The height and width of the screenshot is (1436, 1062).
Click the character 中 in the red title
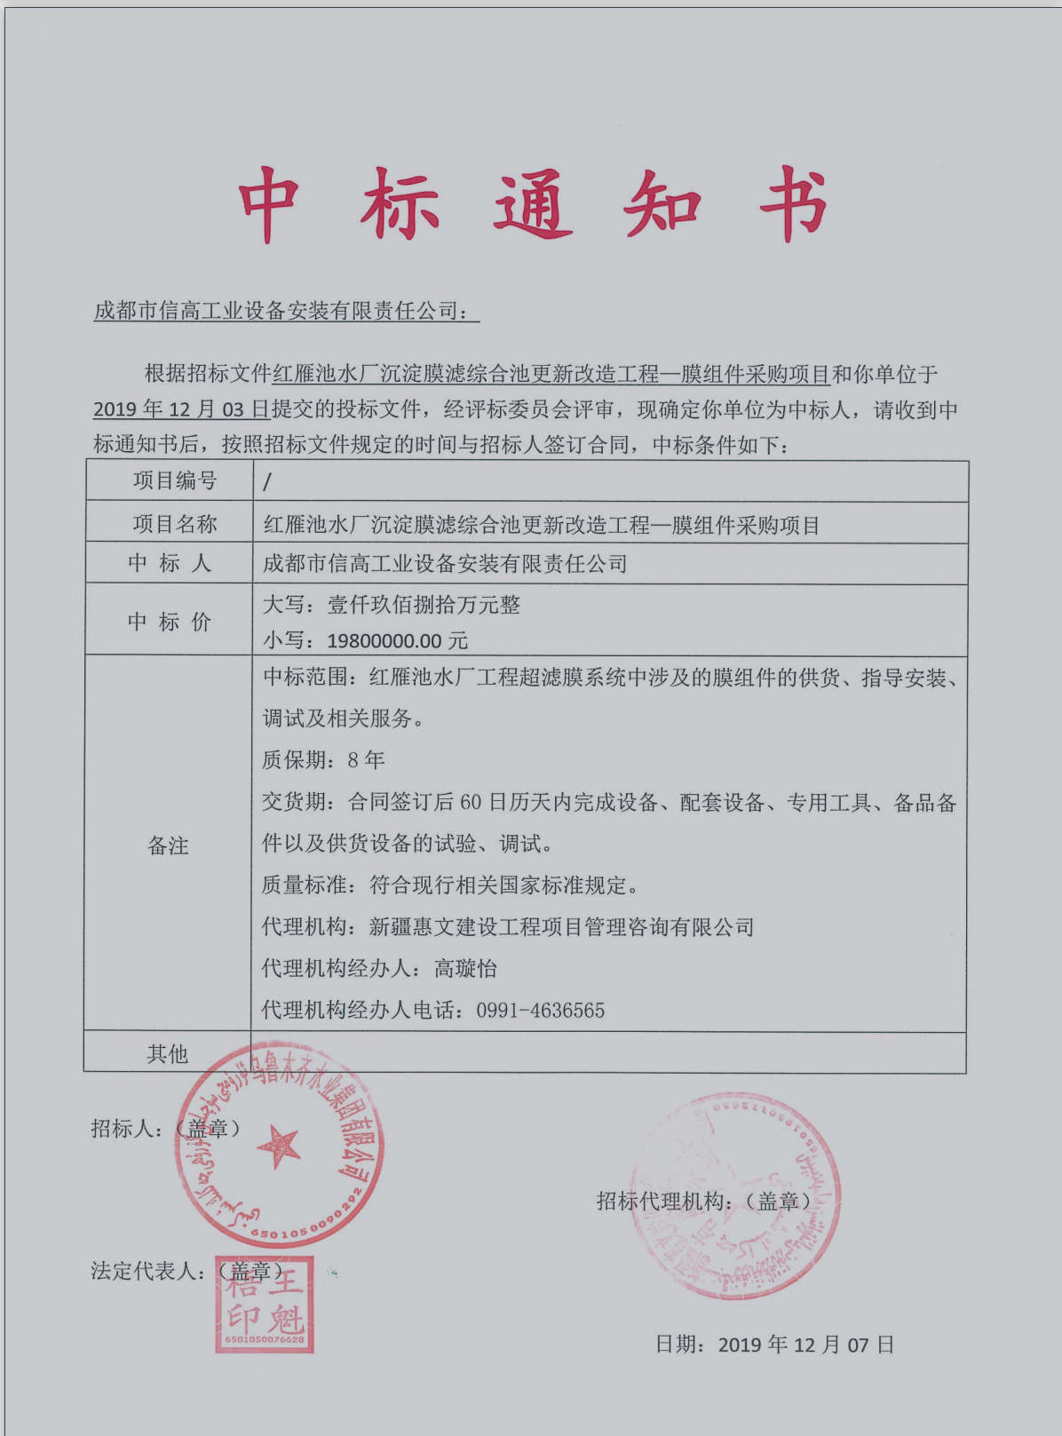269,205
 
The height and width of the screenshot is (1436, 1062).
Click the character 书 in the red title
793,205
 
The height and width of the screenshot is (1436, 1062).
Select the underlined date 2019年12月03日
181,409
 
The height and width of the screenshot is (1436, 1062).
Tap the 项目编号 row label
175,480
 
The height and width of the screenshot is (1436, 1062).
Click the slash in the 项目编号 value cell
267,482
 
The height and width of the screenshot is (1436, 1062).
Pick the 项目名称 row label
175,524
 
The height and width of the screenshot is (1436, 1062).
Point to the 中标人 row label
170,563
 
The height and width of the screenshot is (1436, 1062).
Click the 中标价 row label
170,621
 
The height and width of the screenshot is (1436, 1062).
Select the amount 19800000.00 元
397,640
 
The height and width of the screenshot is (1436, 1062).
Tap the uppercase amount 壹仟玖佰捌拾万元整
424,605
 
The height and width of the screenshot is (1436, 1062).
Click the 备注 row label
168,845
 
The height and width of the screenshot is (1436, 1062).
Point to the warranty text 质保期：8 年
323,759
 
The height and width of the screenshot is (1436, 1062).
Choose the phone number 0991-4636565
540,1010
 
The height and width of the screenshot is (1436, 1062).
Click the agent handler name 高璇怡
465,968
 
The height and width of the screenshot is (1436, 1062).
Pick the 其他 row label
168,1054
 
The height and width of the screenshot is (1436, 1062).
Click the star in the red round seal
279,1146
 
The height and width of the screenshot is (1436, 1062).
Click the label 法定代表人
143,1271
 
